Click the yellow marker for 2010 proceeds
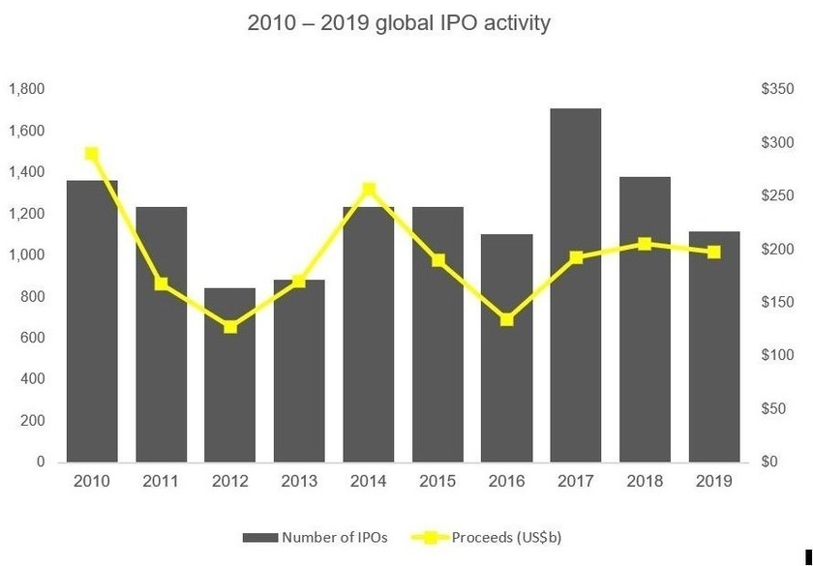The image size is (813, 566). point(92,154)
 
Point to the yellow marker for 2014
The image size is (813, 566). point(369,190)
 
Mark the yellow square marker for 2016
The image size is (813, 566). point(506,319)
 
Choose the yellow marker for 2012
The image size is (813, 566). point(229,327)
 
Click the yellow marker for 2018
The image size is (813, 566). point(645,244)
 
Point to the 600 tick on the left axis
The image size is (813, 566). point(33,339)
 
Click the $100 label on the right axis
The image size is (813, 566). point(777,356)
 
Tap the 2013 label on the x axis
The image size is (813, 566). point(299,480)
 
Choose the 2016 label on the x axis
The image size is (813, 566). point(506,480)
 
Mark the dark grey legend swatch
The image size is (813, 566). point(259,536)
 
